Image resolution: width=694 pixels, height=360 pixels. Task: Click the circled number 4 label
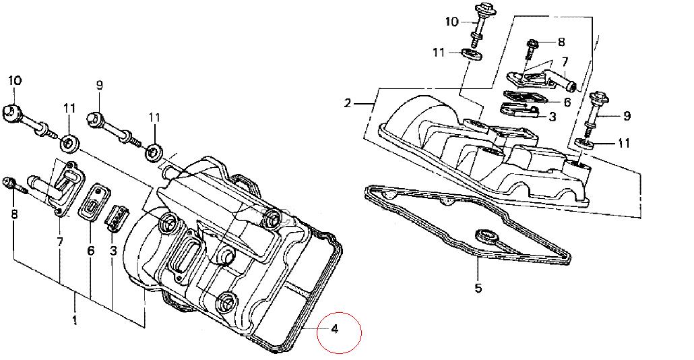(x=335, y=329)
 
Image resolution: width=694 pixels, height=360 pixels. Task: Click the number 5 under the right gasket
(x=478, y=289)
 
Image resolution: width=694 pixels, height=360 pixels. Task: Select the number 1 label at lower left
(x=74, y=320)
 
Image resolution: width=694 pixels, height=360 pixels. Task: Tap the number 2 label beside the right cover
(x=348, y=103)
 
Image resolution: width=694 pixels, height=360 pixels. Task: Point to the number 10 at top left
(x=15, y=81)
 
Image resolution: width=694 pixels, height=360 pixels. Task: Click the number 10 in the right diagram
(x=452, y=22)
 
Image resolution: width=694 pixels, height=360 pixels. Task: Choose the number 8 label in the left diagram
(x=14, y=214)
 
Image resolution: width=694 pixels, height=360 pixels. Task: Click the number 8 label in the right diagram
(x=561, y=42)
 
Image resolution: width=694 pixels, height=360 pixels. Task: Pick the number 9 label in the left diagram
(x=99, y=85)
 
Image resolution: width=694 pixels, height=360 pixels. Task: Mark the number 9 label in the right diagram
(x=627, y=116)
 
